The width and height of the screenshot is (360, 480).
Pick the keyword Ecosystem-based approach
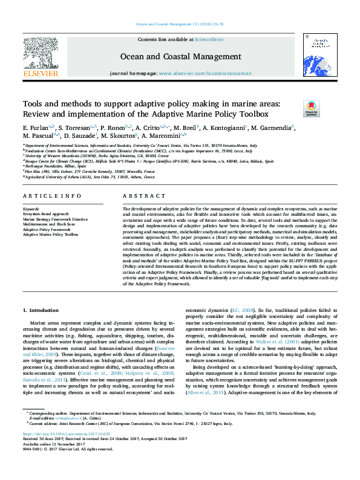(41, 214)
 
